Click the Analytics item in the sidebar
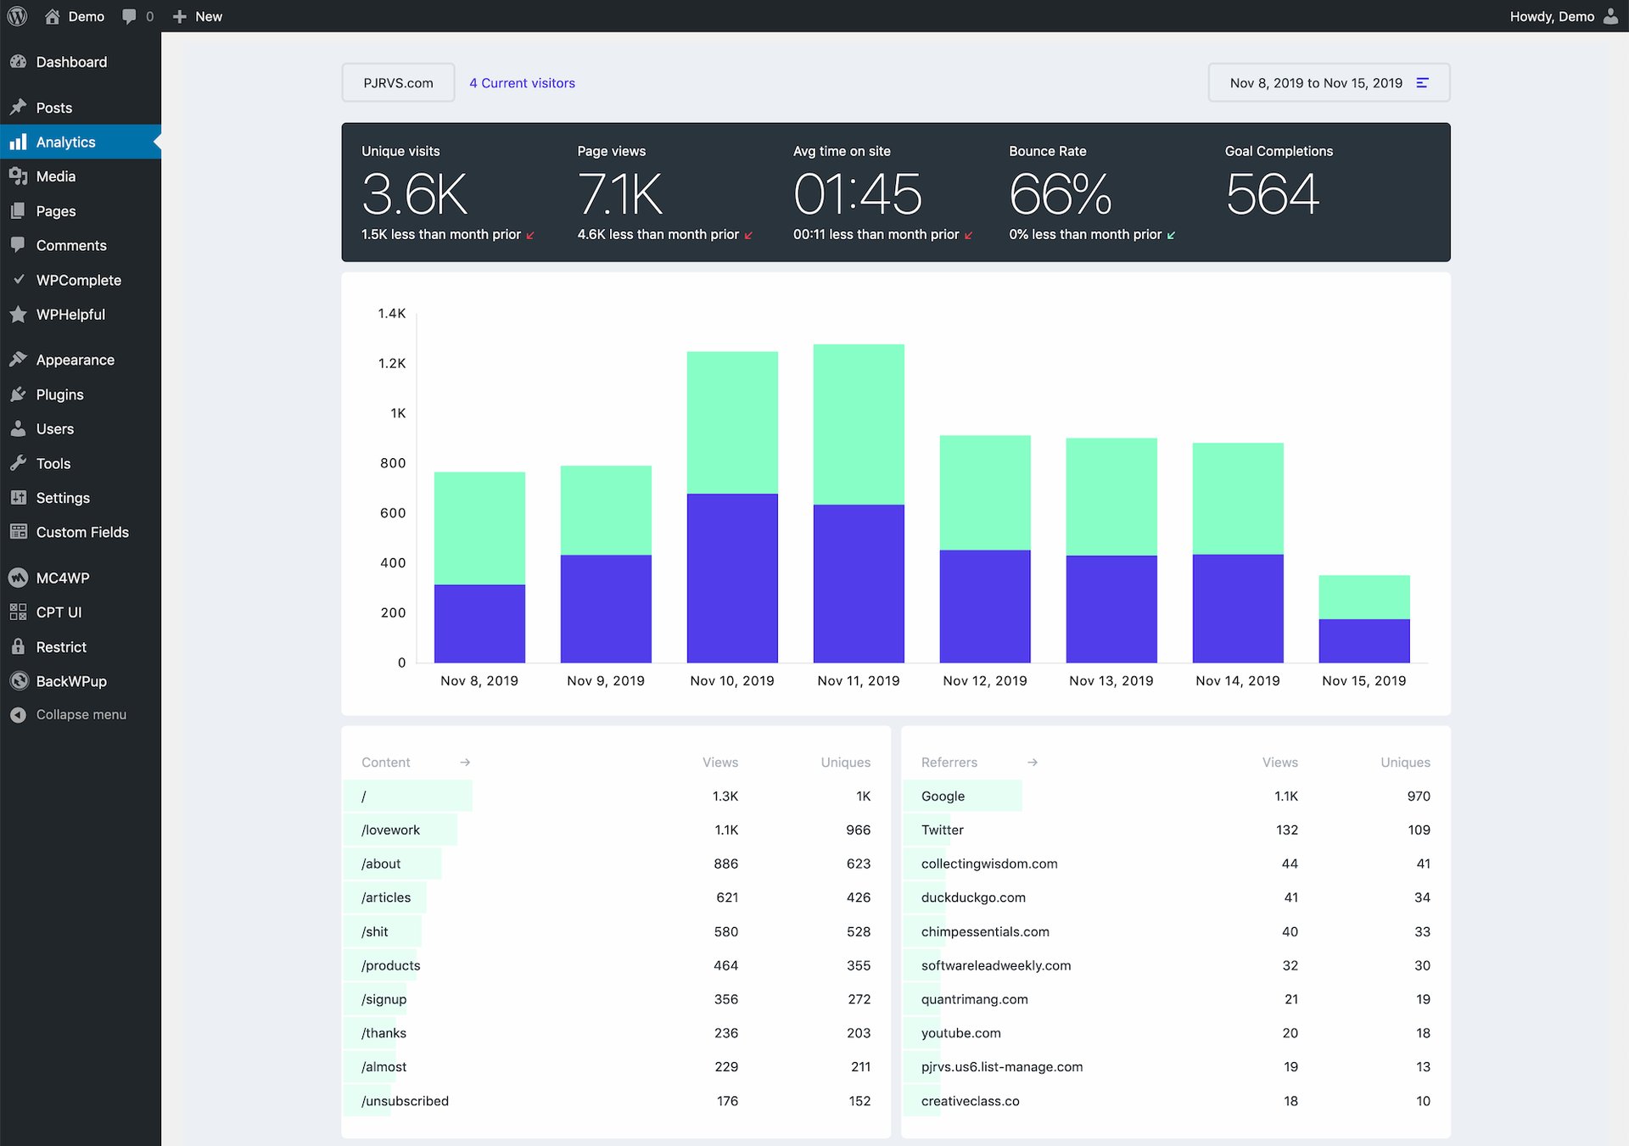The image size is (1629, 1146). tap(65, 142)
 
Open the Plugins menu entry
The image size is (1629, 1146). tap(59, 394)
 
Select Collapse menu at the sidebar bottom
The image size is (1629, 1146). tap(81, 714)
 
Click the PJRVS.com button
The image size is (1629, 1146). tap(398, 83)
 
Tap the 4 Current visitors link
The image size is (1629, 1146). tap(522, 83)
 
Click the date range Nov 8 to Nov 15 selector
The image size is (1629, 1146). tap(1328, 83)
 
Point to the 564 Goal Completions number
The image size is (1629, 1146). tap(1272, 194)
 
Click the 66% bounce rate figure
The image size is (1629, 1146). tap(1060, 194)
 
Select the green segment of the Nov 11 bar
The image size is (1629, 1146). tap(859, 424)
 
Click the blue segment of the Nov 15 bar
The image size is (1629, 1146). tap(1363, 640)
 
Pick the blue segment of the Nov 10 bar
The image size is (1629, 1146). tap(732, 577)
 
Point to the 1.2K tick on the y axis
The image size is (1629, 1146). tap(392, 363)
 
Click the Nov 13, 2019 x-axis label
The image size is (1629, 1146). tap(1111, 680)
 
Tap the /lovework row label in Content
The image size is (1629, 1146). tap(390, 830)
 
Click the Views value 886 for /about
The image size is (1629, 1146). tap(725, 864)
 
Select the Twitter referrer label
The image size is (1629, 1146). tap(942, 830)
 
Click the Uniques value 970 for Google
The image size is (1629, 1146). tap(1418, 796)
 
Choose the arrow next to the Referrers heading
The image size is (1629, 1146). tap(1033, 763)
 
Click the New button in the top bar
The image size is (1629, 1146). tap(198, 16)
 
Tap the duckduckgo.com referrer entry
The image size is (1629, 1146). tap(973, 897)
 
